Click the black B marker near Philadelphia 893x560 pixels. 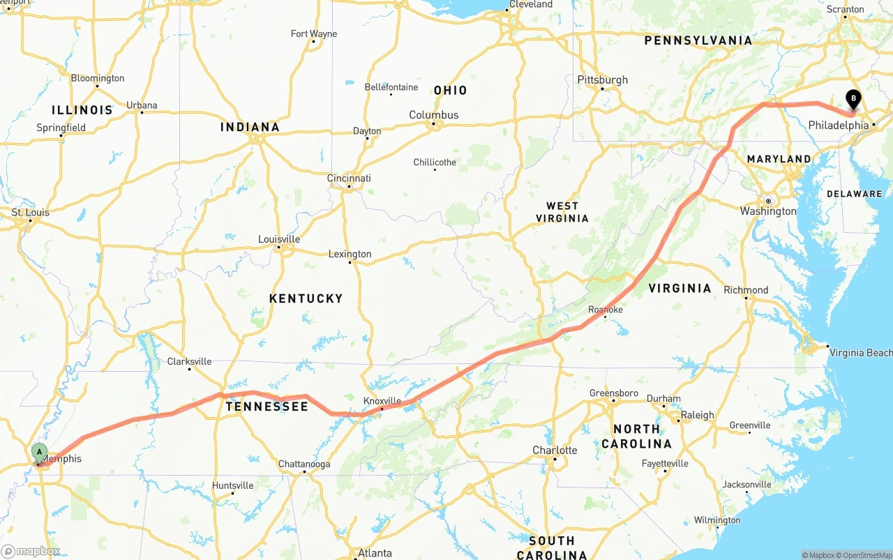[x=853, y=99]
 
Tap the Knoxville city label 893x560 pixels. [x=382, y=401]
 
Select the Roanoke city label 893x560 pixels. [x=605, y=310]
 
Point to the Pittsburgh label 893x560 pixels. [x=602, y=80]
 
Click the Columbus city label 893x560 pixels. [x=433, y=115]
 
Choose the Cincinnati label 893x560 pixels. [x=349, y=179]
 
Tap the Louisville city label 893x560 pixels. [x=278, y=239]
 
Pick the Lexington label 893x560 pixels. [x=350, y=255]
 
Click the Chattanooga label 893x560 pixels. [x=304, y=464]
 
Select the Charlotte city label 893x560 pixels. [x=555, y=451]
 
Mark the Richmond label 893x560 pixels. [x=746, y=290]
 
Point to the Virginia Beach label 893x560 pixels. [x=860, y=353]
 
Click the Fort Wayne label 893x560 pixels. [x=313, y=34]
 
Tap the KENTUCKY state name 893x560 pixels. [x=306, y=298]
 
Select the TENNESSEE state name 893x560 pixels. [x=267, y=407]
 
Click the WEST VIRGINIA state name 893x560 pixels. [x=562, y=212]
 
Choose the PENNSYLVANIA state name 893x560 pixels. [x=698, y=40]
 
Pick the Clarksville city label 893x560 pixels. [x=189, y=362]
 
